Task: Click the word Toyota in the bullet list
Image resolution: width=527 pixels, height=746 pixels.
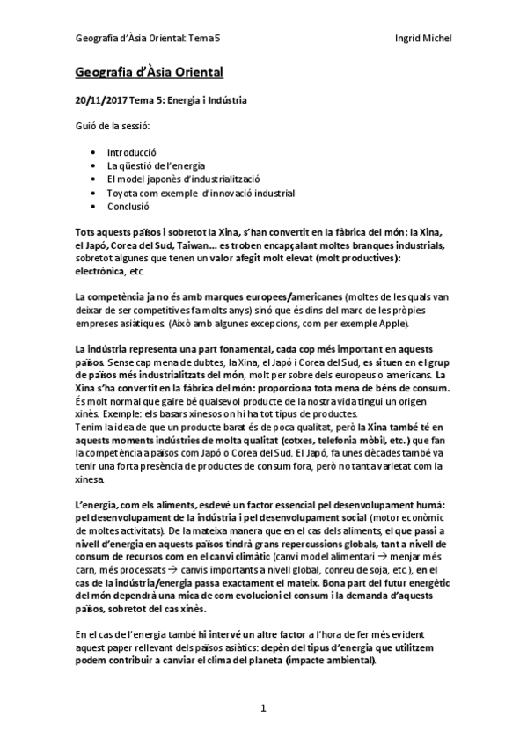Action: click(x=123, y=193)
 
